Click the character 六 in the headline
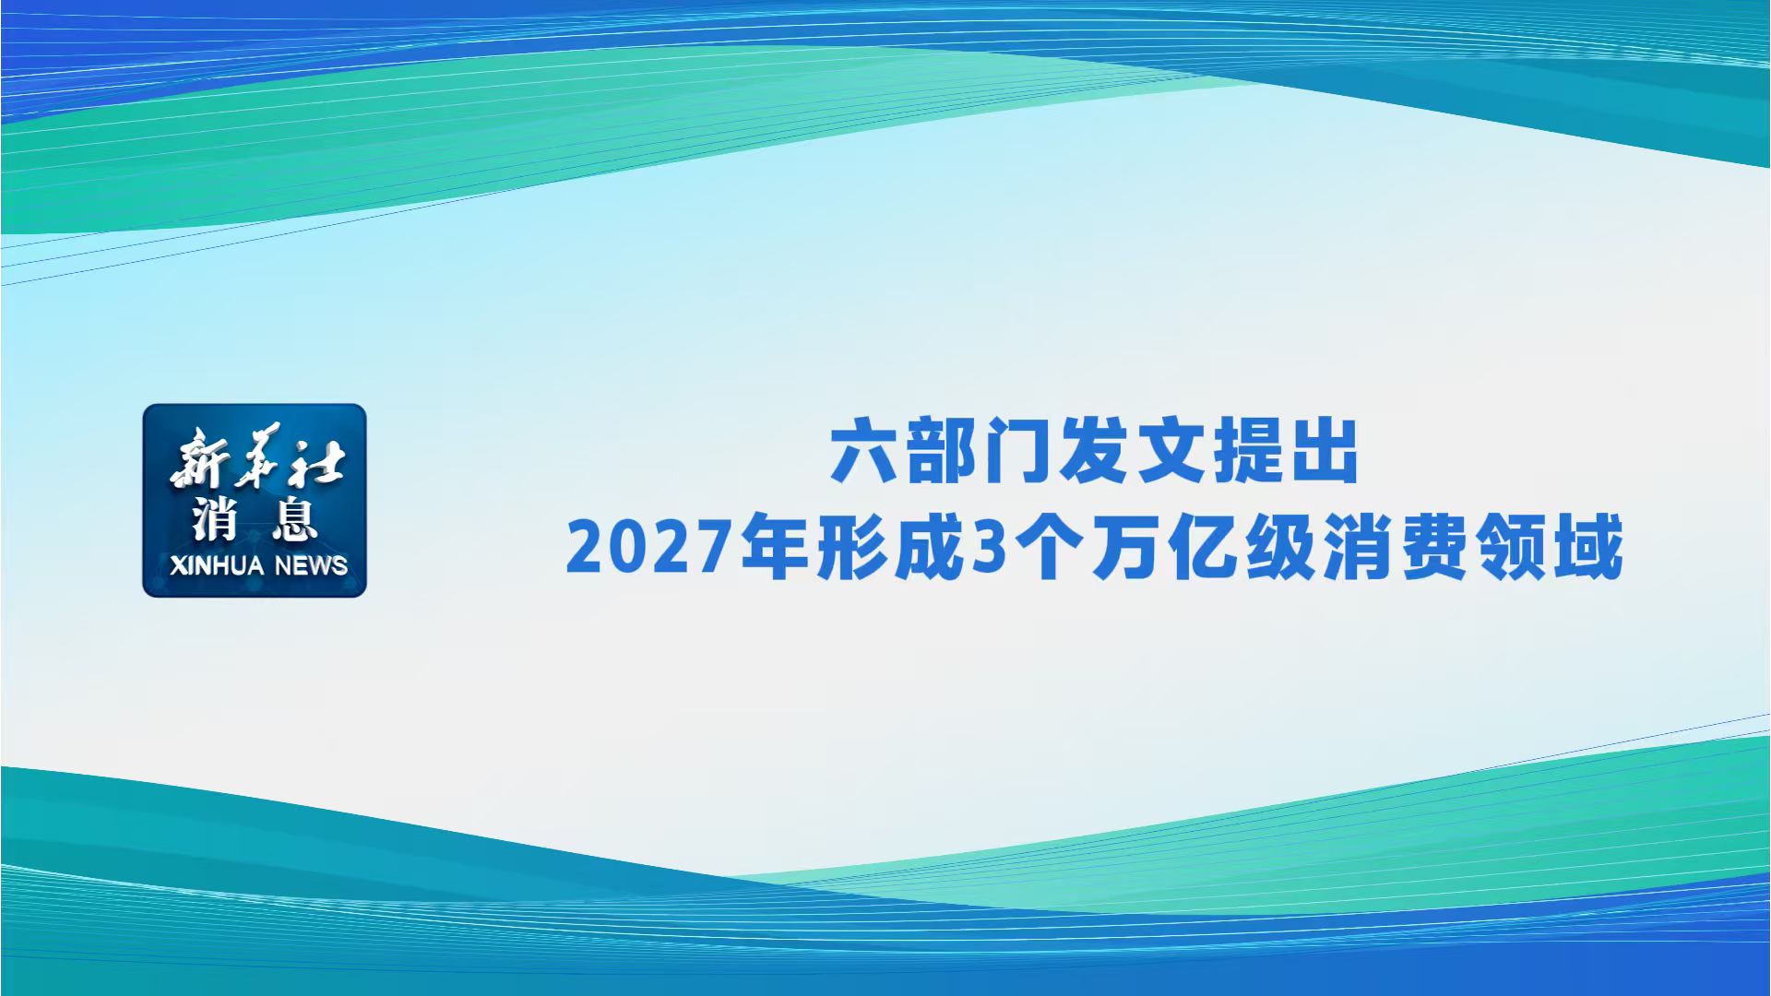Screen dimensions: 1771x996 click(864, 452)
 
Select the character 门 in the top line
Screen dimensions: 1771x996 click(1017, 452)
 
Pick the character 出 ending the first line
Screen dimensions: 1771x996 click(1325, 452)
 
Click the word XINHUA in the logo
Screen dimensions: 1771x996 click(217, 565)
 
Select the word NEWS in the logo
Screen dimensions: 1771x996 click(311, 565)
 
